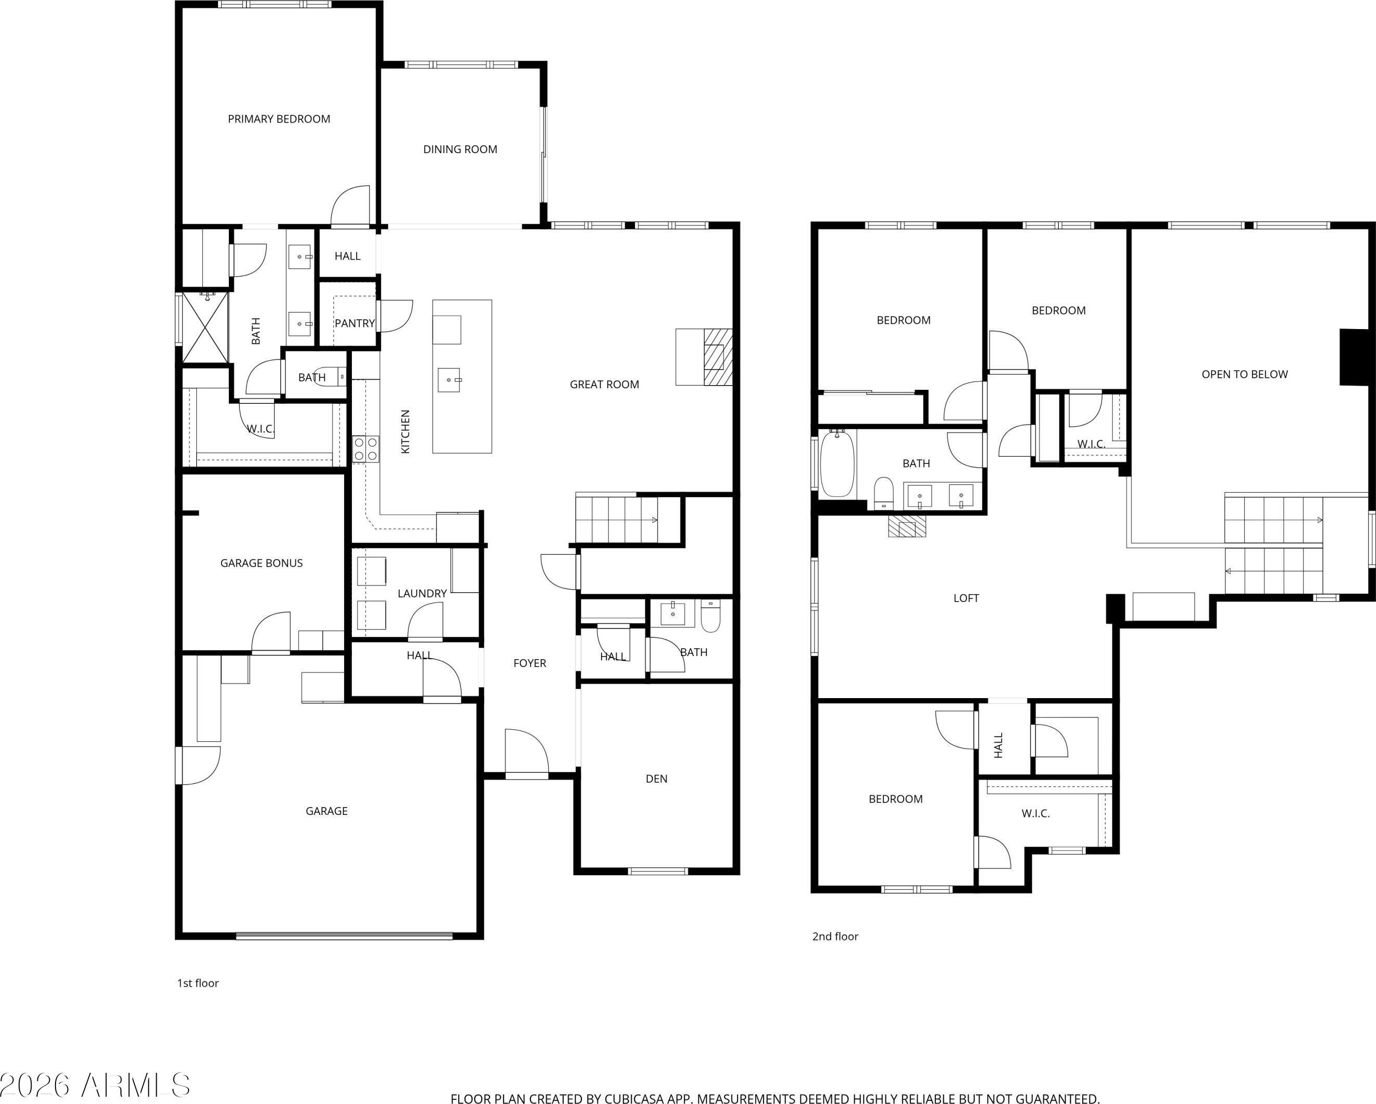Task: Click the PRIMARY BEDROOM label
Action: click(279, 119)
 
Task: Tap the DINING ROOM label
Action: click(460, 149)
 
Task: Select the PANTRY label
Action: click(355, 323)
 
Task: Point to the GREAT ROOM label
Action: click(604, 384)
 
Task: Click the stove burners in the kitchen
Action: click(366, 448)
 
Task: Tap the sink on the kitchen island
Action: click(449, 380)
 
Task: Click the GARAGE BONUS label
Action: click(262, 563)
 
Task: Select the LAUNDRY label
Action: click(422, 593)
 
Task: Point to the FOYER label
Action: click(530, 663)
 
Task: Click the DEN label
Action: click(657, 779)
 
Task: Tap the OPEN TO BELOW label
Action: click(1245, 375)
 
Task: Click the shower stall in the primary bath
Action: click(206, 328)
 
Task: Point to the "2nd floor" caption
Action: click(836, 936)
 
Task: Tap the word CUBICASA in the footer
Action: click(617, 1099)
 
